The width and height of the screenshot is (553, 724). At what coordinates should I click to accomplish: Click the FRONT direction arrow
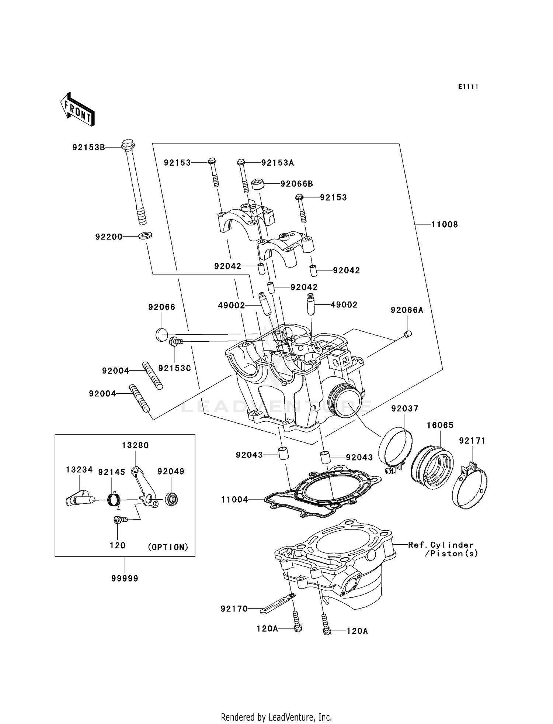(77, 109)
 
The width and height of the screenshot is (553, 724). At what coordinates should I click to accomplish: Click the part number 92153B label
(88, 148)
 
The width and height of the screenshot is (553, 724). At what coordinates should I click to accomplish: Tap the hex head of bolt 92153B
(128, 143)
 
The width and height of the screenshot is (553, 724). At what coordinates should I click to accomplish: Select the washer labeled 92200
(146, 235)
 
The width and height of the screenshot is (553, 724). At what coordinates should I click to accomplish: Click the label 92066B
(296, 184)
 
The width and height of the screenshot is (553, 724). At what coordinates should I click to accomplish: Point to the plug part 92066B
(258, 183)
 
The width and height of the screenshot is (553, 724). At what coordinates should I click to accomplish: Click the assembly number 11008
(445, 224)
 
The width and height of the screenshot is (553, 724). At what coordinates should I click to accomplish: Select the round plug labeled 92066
(161, 335)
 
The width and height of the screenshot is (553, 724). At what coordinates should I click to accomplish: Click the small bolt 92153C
(175, 342)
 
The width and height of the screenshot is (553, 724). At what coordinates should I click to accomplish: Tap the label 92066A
(407, 310)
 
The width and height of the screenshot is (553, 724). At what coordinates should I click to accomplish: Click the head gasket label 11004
(234, 500)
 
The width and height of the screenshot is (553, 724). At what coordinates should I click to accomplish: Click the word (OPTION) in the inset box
(168, 547)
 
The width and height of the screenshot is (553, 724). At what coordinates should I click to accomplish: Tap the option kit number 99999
(125, 578)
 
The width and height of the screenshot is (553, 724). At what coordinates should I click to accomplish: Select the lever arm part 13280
(146, 487)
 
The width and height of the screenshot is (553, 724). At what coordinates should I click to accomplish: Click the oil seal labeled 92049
(171, 499)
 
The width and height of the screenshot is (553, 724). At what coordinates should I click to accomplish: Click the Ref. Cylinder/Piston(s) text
(442, 549)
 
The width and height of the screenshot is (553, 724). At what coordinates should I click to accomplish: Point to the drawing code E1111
(468, 87)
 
